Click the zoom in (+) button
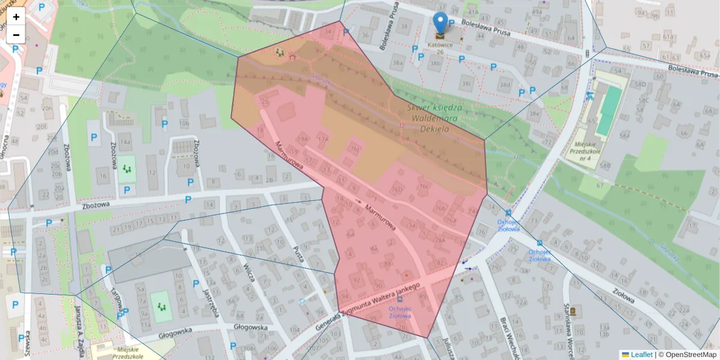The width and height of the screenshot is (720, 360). tap(16, 17)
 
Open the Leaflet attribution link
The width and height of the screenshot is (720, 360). tap(640, 355)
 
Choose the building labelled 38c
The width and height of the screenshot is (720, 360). tap(467, 83)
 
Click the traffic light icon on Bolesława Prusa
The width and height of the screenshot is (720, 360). tap(586, 53)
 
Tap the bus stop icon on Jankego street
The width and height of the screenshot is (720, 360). tap(400, 299)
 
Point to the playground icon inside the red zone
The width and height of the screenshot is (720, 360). tap(280, 53)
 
